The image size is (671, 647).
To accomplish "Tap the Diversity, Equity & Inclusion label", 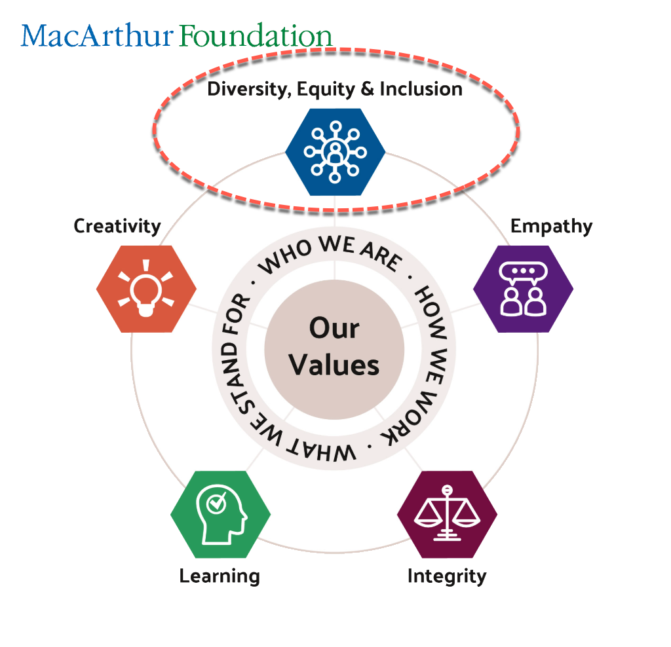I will [335, 89].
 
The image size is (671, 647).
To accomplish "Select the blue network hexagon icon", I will [335, 151].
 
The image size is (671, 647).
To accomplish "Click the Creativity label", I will [117, 227].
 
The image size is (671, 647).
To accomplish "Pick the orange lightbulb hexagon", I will [146, 289].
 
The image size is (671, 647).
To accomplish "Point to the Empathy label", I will [551, 227].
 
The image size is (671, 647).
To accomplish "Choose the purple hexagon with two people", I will [523, 289].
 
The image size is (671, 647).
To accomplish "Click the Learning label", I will [220, 576].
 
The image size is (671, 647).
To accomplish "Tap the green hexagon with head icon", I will [220, 514].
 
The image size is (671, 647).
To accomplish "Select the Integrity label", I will [447, 576].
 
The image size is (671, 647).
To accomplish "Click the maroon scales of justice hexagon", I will [447, 514].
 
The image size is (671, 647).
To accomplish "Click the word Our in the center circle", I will [334, 328].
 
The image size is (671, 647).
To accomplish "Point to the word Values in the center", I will [334, 365].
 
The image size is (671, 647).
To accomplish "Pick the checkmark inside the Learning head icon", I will [216, 503].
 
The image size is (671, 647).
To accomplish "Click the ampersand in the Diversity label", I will [370, 89].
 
